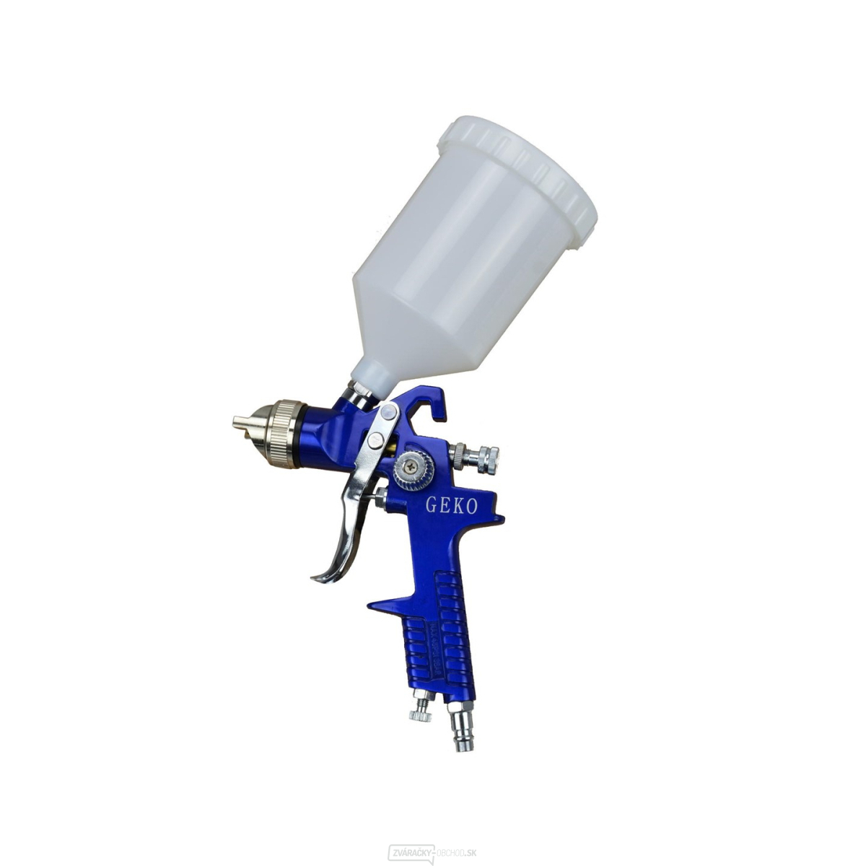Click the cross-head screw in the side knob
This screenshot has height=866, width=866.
point(411,468)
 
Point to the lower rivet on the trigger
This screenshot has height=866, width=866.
point(375,440)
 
